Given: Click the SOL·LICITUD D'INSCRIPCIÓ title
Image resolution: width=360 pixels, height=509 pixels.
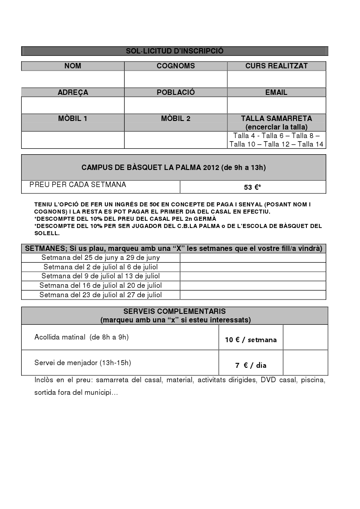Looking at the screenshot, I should coord(175,51).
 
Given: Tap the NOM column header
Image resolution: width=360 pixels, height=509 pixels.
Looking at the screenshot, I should coord(73,66).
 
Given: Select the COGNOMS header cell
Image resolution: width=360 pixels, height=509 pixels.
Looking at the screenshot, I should coord(175,66).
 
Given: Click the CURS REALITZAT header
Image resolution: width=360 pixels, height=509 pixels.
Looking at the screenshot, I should coord(276,66).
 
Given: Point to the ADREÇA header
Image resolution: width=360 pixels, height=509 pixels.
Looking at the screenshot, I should coord(73,93).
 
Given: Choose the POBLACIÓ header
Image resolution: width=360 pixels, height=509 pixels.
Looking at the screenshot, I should coord(175,93).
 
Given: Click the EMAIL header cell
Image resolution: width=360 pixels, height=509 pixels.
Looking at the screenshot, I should coord(276,93).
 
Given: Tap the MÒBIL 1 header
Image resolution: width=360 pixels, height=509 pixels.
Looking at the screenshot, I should coord(73,119).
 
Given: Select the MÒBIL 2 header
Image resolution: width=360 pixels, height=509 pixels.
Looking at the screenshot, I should coord(175,119).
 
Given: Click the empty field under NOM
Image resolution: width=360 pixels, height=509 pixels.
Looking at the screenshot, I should coord(73,79).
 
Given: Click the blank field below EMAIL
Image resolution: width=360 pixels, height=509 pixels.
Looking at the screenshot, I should coord(276,105).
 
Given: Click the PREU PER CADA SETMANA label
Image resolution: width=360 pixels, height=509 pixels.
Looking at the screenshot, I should coord(78,185).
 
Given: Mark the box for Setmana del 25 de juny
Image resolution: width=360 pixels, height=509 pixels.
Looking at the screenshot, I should coord(252,258).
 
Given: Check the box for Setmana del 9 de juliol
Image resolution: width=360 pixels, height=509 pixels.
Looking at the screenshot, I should coord(252,277).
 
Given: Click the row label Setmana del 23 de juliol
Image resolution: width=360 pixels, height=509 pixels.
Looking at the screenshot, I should coord(100,295).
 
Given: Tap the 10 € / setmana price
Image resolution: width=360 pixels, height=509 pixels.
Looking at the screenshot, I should coord(251,340).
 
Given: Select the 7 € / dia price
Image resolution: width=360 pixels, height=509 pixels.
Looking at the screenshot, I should coord(251,366).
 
